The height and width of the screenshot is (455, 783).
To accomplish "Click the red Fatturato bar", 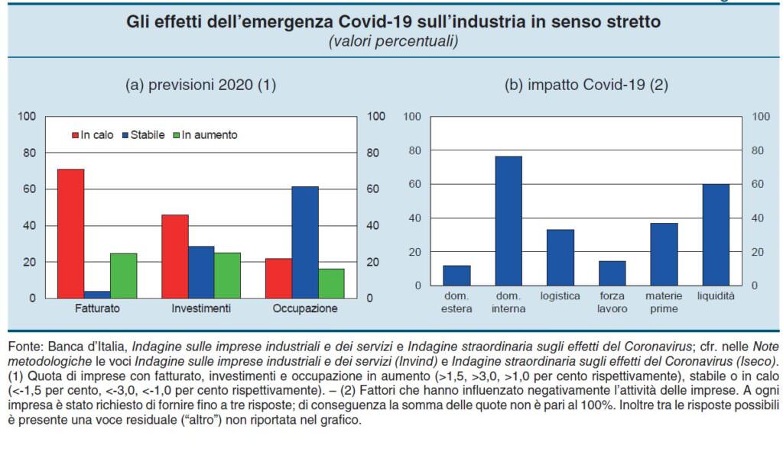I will pos(70,234).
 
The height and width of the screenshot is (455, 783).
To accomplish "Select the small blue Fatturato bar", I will pos(97,294).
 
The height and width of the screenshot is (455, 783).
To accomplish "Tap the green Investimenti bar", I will pos(227,275).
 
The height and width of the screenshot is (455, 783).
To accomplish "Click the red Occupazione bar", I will pos(278,278).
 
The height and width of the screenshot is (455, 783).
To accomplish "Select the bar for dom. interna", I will pos(508,221).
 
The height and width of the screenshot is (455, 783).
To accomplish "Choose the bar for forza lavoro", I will pos(612,273).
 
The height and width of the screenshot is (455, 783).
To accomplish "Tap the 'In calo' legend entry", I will pos(93,135).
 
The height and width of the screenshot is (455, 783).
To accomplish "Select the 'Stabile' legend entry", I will pos(142,135).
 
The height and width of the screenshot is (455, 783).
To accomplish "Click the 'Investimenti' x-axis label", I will pos(201,309).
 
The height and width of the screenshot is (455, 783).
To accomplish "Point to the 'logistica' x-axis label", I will pos(560,296).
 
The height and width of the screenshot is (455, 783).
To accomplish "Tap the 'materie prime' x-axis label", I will pos(664,302).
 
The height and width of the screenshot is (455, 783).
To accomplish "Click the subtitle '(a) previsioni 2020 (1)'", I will pos(200,86).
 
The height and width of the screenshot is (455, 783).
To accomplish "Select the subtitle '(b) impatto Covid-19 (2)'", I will pos(586,86).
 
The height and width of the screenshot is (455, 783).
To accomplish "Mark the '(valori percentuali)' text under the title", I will pos(393,41).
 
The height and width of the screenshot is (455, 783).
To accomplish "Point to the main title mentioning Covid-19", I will pos(393,22).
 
